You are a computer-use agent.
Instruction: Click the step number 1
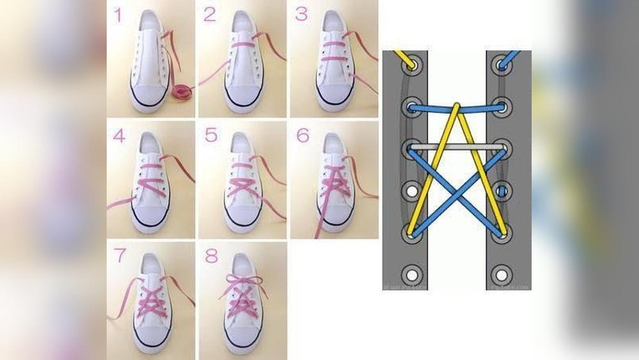pos(118,15)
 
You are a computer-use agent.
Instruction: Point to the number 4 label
pos(118,136)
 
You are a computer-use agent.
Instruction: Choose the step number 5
pos(210,136)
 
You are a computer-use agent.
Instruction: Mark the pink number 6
pos(302,136)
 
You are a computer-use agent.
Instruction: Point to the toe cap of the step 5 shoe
pos(243,216)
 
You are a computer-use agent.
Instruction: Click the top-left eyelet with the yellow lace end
pos(412,65)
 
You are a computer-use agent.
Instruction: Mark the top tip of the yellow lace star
pos(456,106)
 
